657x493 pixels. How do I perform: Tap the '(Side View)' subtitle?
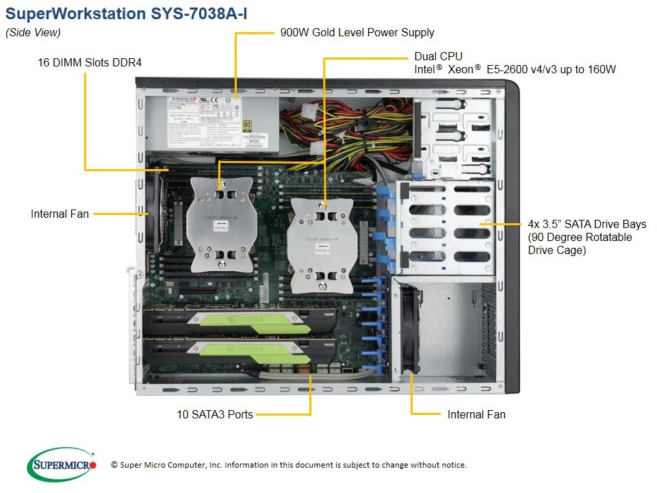tap(33, 32)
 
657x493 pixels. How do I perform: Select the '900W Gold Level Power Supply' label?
tap(357, 32)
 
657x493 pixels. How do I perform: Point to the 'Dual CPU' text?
tap(438, 56)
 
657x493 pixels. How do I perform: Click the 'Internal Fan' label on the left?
tap(60, 214)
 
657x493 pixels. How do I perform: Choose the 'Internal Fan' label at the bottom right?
tap(476, 414)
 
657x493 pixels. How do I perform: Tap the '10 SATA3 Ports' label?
tap(214, 414)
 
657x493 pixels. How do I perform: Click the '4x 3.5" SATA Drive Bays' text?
tap(587, 224)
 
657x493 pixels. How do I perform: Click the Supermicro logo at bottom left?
tap(62, 464)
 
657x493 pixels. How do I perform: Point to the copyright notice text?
tap(288, 465)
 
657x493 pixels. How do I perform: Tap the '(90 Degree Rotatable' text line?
tap(580, 237)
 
